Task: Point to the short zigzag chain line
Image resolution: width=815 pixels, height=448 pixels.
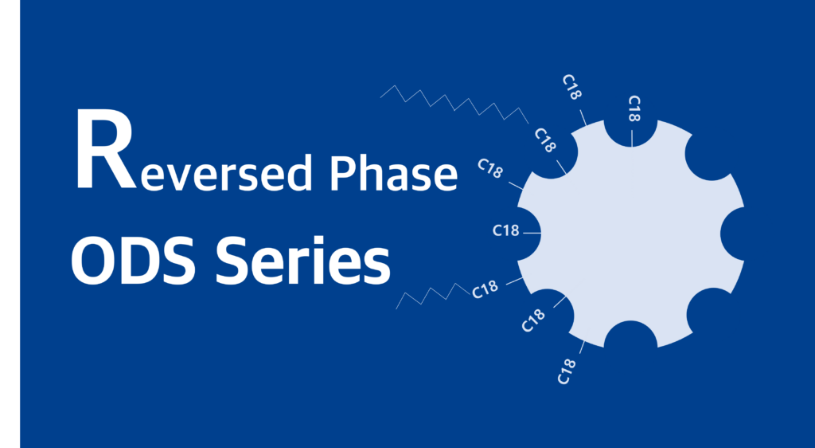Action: (433, 296)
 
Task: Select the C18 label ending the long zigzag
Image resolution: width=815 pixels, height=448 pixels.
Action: (545, 140)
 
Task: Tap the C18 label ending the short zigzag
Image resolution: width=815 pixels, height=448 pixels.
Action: (485, 290)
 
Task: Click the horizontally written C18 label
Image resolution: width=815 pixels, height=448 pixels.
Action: (505, 230)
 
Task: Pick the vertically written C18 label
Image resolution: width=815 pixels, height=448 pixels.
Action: (634, 108)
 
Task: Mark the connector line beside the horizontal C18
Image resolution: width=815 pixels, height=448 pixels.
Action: (532, 233)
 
